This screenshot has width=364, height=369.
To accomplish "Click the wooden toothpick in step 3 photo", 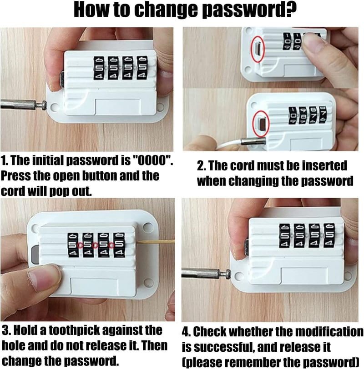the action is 156,241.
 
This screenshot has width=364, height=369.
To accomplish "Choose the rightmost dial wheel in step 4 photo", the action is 329,235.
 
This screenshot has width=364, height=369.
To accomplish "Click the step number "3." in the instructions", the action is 6,331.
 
